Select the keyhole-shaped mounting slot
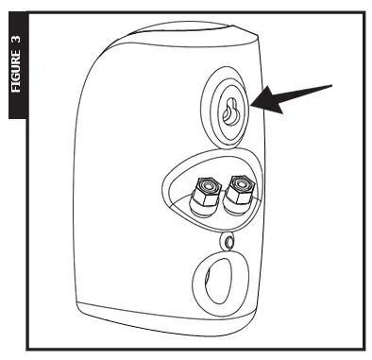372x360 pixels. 228,112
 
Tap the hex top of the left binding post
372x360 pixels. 205,186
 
